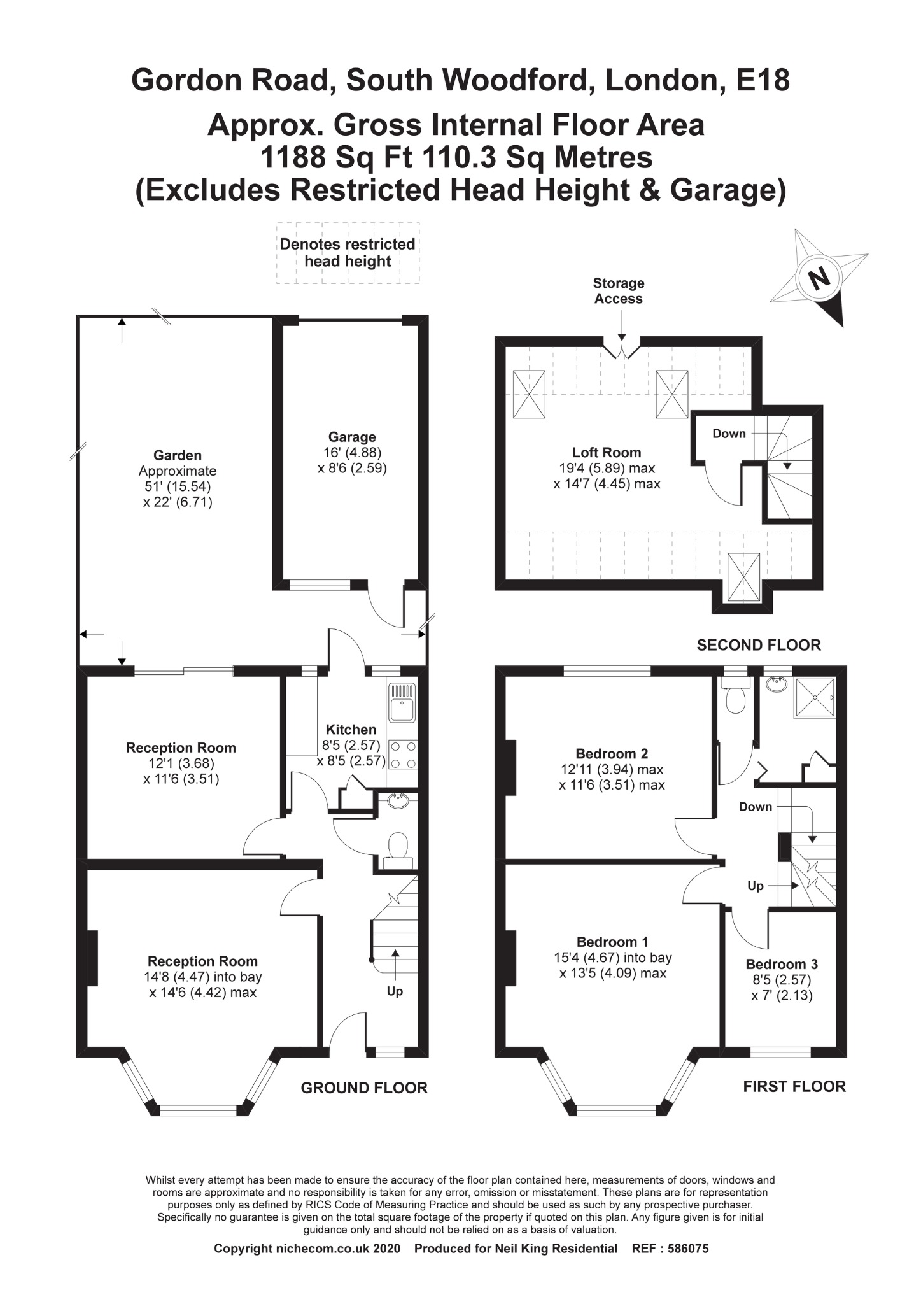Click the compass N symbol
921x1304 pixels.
click(x=819, y=278)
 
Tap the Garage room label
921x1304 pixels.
click(x=352, y=437)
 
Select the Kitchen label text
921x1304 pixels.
click(x=351, y=730)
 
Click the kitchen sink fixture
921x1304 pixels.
click(x=402, y=702)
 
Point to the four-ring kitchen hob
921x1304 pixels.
click(x=402, y=755)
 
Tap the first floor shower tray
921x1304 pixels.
click(x=814, y=698)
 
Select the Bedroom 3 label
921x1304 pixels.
click(x=782, y=964)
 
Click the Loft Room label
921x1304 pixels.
click(x=606, y=453)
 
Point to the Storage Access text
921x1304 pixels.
click(x=619, y=291)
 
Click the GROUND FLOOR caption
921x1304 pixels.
click(x=364, y=1088)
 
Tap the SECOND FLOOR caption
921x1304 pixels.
click(x=759, y=645)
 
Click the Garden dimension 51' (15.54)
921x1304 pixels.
click(x=178, y=486)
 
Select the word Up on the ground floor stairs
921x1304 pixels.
click(x=395, y=991)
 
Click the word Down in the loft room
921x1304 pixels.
click(x=729, y=434)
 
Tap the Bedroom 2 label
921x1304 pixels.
click(x=612, y=754)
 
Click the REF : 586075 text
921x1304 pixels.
click(x=670, y=1249)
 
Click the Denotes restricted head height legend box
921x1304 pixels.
click(x=348, y=253)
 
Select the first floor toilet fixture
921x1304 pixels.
click(x=736, y=698)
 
